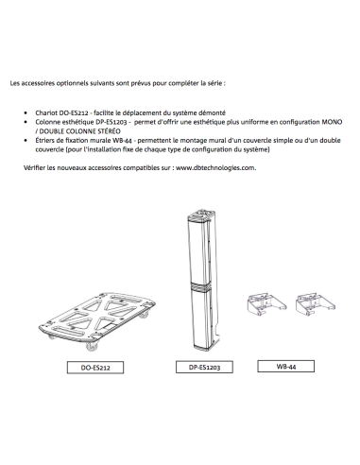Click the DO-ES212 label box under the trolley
95,368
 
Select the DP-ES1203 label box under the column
204,367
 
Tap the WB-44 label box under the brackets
285,366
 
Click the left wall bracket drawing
266,304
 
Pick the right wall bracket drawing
316,304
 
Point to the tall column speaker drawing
203,280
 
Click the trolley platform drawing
97,319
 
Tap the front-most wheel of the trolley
92,346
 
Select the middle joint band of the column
200,286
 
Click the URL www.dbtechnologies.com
215,167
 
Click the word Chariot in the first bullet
46,112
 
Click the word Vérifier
34,167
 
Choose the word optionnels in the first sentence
73,83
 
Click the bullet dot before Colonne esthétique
26,122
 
